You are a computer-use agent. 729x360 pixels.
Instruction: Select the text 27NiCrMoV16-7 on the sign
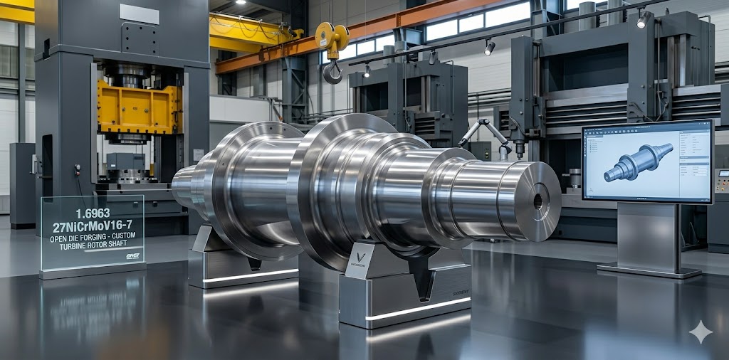93,227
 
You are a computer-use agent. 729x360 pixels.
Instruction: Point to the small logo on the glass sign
132,255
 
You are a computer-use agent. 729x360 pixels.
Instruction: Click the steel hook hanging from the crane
332,71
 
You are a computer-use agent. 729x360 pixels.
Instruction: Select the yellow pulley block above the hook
332,37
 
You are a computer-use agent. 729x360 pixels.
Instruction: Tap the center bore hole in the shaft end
537,201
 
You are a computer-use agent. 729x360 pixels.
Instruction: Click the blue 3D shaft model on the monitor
637,162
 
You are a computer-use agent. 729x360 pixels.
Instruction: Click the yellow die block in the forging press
140,107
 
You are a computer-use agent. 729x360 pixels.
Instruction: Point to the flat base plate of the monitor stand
649,270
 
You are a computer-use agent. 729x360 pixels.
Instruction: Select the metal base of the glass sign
93,270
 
